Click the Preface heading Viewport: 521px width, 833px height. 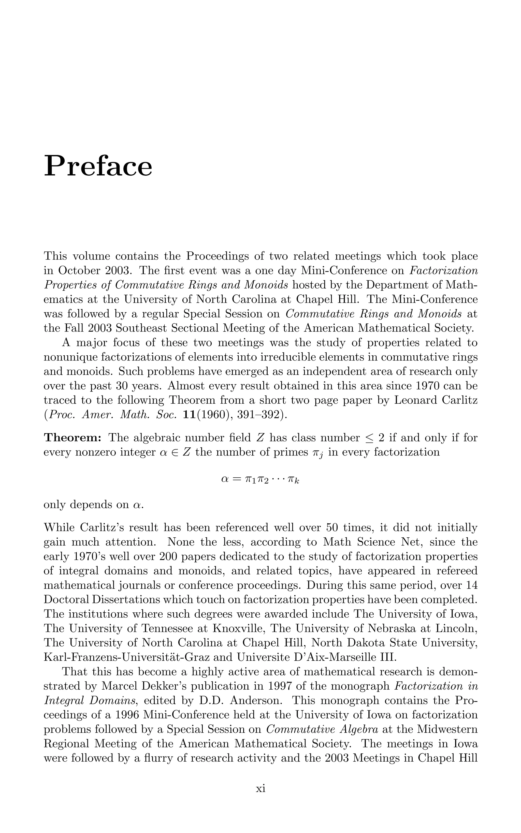(x=98, y=166)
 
